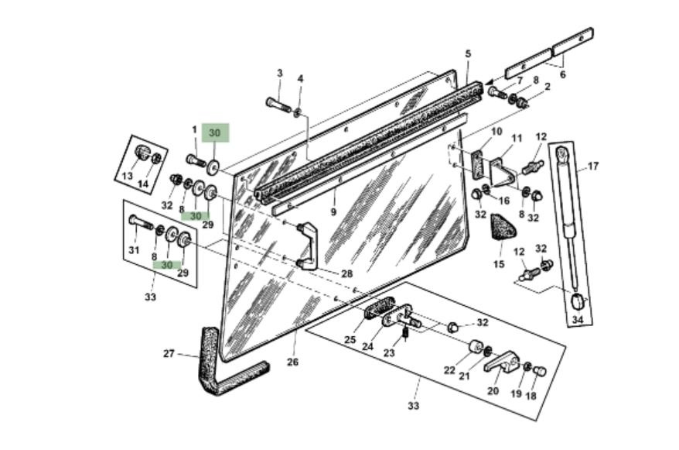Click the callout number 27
169,353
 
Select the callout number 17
593,166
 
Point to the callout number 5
468,54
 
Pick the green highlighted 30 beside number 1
215,133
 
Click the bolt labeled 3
278,105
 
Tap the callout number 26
293,362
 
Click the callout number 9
333,212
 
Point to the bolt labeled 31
140,223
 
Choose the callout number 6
562,74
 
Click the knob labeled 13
142,152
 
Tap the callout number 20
493,390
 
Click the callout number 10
496,131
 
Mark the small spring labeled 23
405,333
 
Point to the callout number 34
578,320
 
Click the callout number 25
350,339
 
